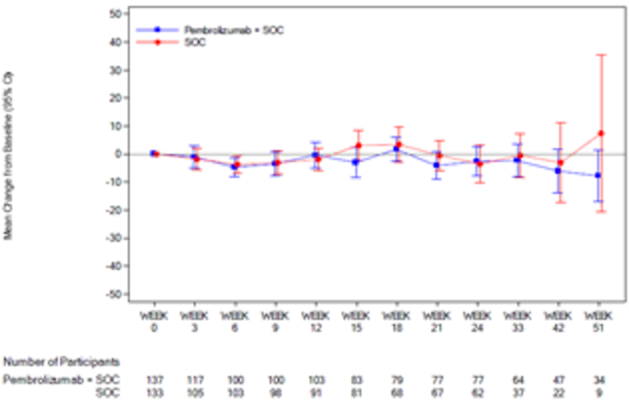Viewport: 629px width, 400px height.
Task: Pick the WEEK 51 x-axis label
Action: [x=599, y=320]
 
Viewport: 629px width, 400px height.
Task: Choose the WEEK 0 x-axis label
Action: [x=154, y=320]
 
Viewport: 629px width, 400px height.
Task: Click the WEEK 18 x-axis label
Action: [x=396, y=320]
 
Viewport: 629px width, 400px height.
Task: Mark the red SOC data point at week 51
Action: [x=602, y=133]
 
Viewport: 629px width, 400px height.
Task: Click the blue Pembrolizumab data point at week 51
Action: [x=598, y=175]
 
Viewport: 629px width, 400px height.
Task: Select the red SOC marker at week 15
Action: [x=358, y=146]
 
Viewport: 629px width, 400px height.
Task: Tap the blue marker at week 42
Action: [x=557, y=170]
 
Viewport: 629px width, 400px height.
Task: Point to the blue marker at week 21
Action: [x=437, y=165]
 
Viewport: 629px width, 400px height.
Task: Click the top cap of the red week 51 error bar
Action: [x=602, y=54]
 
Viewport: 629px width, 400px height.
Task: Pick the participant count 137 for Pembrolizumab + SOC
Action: [x=154, y=379]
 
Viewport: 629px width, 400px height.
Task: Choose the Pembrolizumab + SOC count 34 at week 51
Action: [x=599, y=379]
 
